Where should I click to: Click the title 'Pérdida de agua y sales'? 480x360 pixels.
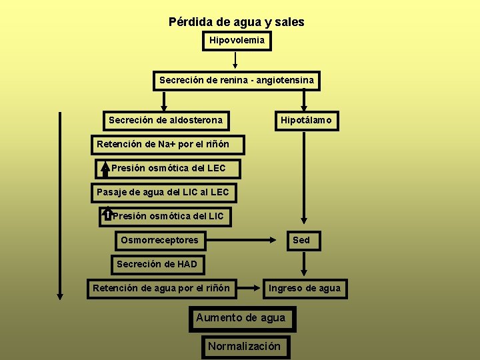(x=236, y=22)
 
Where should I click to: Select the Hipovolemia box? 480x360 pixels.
(x=237, y=41)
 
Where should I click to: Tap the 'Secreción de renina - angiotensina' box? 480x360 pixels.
(x=236, y=81)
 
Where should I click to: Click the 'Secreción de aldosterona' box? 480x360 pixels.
(x=165, y=121)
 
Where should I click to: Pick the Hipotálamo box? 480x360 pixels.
(x=305, y=121)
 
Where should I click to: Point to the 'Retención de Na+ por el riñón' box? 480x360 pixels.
(x=167, y=145)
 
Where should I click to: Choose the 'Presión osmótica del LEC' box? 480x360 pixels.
(x=168, y=169)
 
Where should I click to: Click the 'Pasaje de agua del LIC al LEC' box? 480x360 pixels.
(x=163, y=193)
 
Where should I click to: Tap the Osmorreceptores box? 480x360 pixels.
(x=159, y=240)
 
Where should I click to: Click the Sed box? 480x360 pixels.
(x=301, y=240)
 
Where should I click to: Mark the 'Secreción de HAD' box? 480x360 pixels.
(x=157, y=264)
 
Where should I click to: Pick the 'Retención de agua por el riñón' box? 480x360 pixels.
(x=161, y=288)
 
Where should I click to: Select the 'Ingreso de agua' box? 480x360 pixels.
(x=304, y=288)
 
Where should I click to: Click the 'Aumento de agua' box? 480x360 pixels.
(x=241, y=318)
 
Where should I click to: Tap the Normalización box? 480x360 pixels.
(x=244, y=346)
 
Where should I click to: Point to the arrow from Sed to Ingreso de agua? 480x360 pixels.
(x=304, y=264)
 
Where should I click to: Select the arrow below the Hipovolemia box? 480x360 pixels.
(x=235, y=61)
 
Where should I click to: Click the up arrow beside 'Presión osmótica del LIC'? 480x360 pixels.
(x=107, y=215)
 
